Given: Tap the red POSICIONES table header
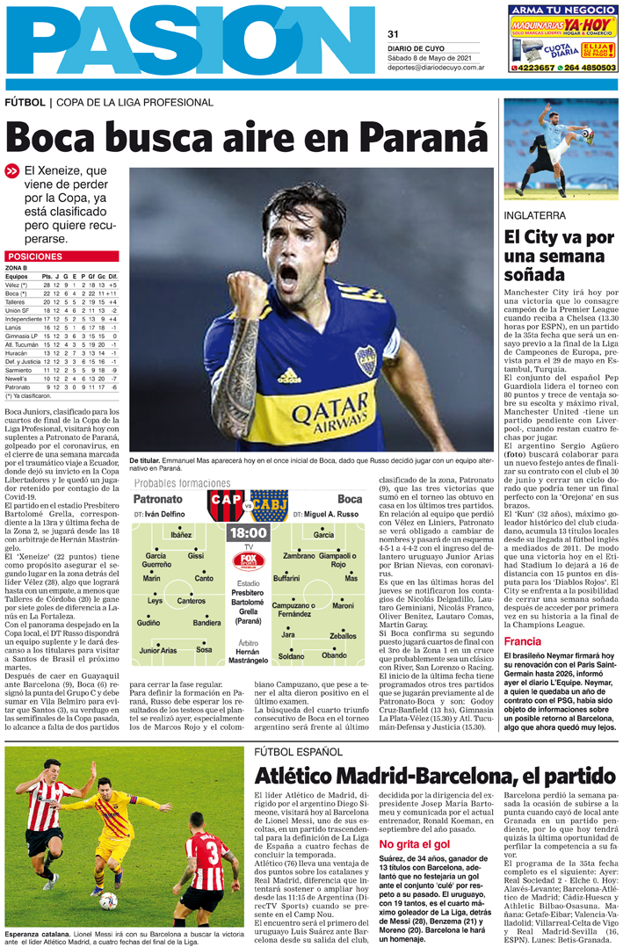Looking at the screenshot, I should click(x=34, y=257).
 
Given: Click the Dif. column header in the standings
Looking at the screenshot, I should click(x=113, y=277).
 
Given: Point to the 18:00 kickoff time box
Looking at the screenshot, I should click(x=247, y=532).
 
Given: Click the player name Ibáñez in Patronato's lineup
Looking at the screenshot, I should click(x=181, y=534).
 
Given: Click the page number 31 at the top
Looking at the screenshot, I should click(x=393, y=34).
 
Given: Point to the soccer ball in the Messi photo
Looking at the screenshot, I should click(x=108, y=900).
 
